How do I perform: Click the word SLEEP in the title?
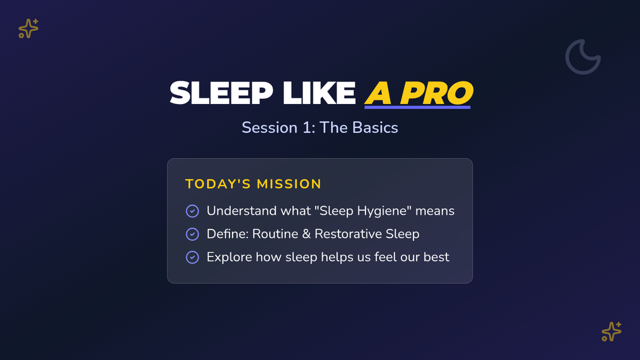click(x=221, y=93)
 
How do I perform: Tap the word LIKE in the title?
click(x=319, y=93)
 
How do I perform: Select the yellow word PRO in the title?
click(x=437, y=93)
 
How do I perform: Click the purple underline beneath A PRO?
click(x=418, y=107)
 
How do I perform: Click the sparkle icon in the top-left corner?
click(x=28, y=29)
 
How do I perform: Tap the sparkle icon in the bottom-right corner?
click(x=611, y=332)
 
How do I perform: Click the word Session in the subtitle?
click(x=270, y=127)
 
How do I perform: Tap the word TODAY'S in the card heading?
click(x=218, y=184)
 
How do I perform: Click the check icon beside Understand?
click(x=193, y=211)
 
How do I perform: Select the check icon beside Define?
click(x=193, y=234)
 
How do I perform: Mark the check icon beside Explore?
click(x=193, y=258)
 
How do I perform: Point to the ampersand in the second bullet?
click(x=306, y=234)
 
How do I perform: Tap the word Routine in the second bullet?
click(x=275, y=234)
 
